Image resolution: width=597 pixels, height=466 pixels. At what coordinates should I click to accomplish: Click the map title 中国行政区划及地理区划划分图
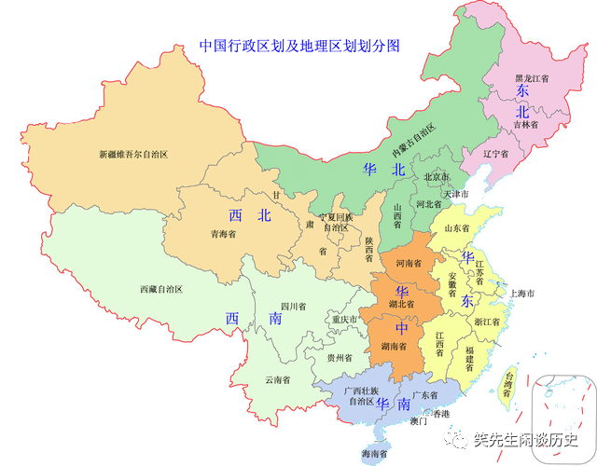pyautogui.click(x=299, y=45)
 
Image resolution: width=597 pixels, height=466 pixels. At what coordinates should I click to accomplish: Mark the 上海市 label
pyautogui.click(x=521, y=294)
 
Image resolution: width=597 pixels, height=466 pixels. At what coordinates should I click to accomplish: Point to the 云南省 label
pyautogui.click(x=277, y=379)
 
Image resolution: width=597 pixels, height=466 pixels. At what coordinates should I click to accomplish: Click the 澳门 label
pyautogui.click(x=417, y=421)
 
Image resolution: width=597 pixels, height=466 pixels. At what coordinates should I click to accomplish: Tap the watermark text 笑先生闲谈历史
pyautogui.click(x=525, y=440)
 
